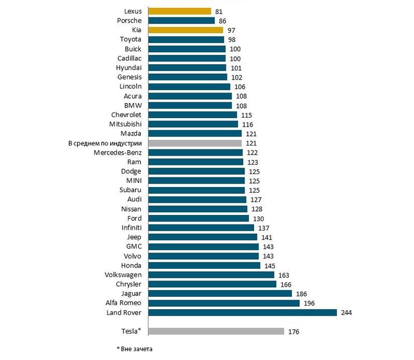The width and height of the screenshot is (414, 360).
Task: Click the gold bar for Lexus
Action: [179, 11]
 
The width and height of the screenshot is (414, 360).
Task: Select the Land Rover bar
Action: [242, 312]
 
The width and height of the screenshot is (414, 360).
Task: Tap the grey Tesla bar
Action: [216, 331]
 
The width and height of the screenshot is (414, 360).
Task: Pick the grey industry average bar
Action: [195, 143]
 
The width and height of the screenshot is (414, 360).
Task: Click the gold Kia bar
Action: [185, 30]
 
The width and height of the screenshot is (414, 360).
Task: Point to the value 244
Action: [346, 312]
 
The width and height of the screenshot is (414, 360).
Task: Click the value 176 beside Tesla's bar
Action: [294, 331]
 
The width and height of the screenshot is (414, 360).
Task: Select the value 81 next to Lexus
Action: [219, 11]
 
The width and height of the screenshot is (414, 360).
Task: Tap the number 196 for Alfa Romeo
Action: [309, 303]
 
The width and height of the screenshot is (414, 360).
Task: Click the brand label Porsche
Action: [129, 20]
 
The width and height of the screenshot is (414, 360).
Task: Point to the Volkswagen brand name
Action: [123, 275]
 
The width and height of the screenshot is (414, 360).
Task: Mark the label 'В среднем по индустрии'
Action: [104, 143]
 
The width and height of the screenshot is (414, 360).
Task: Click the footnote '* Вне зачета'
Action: [134, 349]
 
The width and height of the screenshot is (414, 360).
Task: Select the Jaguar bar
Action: [220, 293]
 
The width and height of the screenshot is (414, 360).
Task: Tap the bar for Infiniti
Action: [201, 227]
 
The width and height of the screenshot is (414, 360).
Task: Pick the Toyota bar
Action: [186, 39]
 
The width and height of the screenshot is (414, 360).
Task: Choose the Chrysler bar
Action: [212, 284]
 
